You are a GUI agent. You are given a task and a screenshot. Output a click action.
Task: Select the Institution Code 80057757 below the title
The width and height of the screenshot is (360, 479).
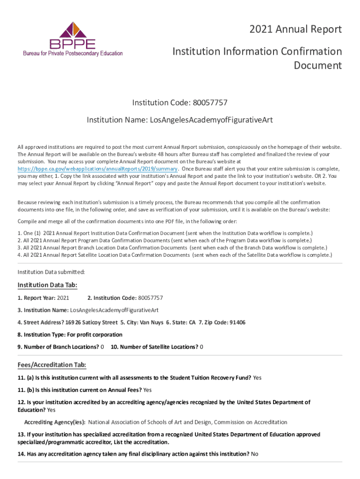click(x=209, y=102)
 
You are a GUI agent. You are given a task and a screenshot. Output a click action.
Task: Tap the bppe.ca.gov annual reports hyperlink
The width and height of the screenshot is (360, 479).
click(x=97, y=169)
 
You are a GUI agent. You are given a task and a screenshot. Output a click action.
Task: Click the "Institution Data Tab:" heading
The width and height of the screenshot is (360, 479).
click(x=47, y=285)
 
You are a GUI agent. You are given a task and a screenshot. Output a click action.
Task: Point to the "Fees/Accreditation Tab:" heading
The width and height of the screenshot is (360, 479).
click(x=51, y=365)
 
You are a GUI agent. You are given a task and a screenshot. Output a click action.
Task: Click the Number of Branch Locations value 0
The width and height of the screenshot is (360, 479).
click(x=102, y=347)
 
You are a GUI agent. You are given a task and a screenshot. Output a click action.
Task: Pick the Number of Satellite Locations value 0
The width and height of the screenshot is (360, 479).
click(x=202, y=347)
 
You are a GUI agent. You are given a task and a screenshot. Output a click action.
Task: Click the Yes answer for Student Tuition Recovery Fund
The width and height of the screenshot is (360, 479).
click(x=257, y=377)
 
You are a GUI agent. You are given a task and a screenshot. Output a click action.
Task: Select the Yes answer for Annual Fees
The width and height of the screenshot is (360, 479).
click(x=147, y=390)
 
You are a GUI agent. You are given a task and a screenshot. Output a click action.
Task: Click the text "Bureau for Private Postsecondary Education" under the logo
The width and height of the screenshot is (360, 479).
click(x=73, y=53)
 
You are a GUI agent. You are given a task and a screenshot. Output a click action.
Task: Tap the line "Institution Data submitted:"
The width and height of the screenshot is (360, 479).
click(x=51, y=272)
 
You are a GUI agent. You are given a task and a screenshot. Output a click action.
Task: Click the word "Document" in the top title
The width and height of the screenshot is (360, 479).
click(x=317, y=65)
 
